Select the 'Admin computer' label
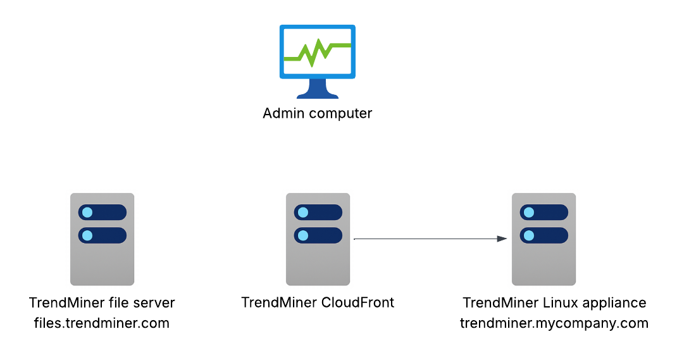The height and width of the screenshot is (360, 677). pos(318,114)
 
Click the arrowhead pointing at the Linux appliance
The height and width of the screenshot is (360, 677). pos(502,239)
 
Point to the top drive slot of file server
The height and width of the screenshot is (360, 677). pos(102,212)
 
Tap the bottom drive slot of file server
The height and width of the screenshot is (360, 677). pos(102,235)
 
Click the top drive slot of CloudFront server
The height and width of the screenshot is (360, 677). pos(318,212)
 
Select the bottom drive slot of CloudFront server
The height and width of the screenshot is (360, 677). pos(318,235)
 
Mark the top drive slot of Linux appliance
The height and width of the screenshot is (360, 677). pos(543,212)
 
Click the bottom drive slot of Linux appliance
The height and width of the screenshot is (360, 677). pos(543,235)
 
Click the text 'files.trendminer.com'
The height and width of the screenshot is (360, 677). pos(102,323)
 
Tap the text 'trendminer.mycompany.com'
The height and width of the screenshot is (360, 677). pos(554,323)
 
